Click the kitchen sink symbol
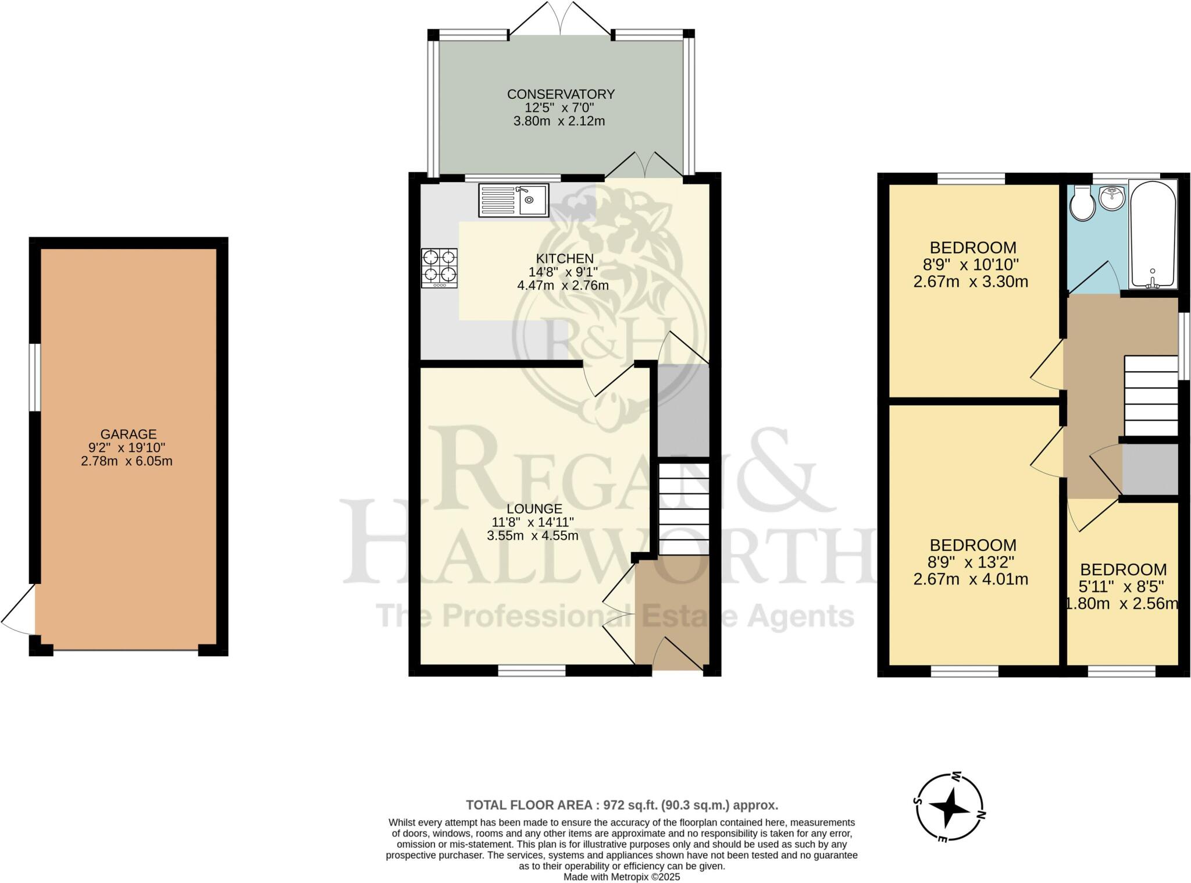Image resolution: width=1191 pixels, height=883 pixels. click(x=514, y=200)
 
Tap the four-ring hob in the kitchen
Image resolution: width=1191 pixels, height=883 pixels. click(x=440, y=268)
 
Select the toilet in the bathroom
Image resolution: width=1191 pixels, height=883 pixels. click(x=1082, y=204)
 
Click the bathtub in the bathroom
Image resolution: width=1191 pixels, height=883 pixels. click(x=1153, y=234)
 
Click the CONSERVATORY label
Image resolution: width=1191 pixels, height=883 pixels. click(x=561, y=94)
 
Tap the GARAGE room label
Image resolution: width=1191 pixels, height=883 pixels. click(x=129, y=434)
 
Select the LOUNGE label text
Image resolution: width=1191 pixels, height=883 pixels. click(x=534, y=509)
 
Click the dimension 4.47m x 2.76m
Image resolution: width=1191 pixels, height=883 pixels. click(x=562, y=286)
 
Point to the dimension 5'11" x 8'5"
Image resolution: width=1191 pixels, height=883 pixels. click(x=1122, y=586)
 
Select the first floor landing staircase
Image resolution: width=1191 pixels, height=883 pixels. click(x=1151, y=396)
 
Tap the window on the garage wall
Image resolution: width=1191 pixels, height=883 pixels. click(x=35, y=377)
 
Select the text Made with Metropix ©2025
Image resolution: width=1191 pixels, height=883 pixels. click(x=622, y=877)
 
